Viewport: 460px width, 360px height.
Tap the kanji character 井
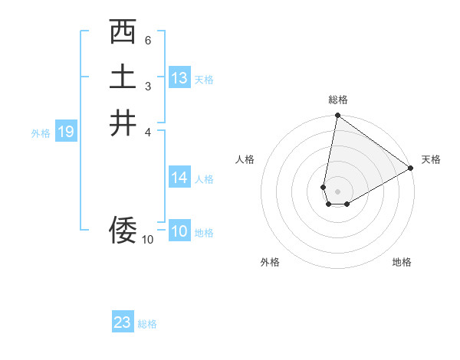[123, 123]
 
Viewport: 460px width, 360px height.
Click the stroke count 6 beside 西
[148, 40]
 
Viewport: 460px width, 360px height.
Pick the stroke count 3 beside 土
[148, 86]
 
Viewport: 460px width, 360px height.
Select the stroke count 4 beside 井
[148, 131]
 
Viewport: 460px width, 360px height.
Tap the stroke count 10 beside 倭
[147, 239]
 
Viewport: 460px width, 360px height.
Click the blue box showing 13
[179, 78]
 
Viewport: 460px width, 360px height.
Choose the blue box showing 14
[179, 178]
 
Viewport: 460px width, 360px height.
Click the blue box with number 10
[179, 232]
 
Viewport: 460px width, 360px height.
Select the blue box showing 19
[65, 133]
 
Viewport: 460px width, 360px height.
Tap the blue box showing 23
[123, 322]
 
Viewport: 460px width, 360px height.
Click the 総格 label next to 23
[147, 324]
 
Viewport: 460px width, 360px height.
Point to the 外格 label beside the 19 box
[41, 133]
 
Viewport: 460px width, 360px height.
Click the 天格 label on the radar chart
[431, 159]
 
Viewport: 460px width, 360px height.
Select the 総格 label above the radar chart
[337, 100]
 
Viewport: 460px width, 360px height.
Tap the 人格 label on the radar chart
[245, 159]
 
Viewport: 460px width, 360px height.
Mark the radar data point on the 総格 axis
[337, 116]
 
